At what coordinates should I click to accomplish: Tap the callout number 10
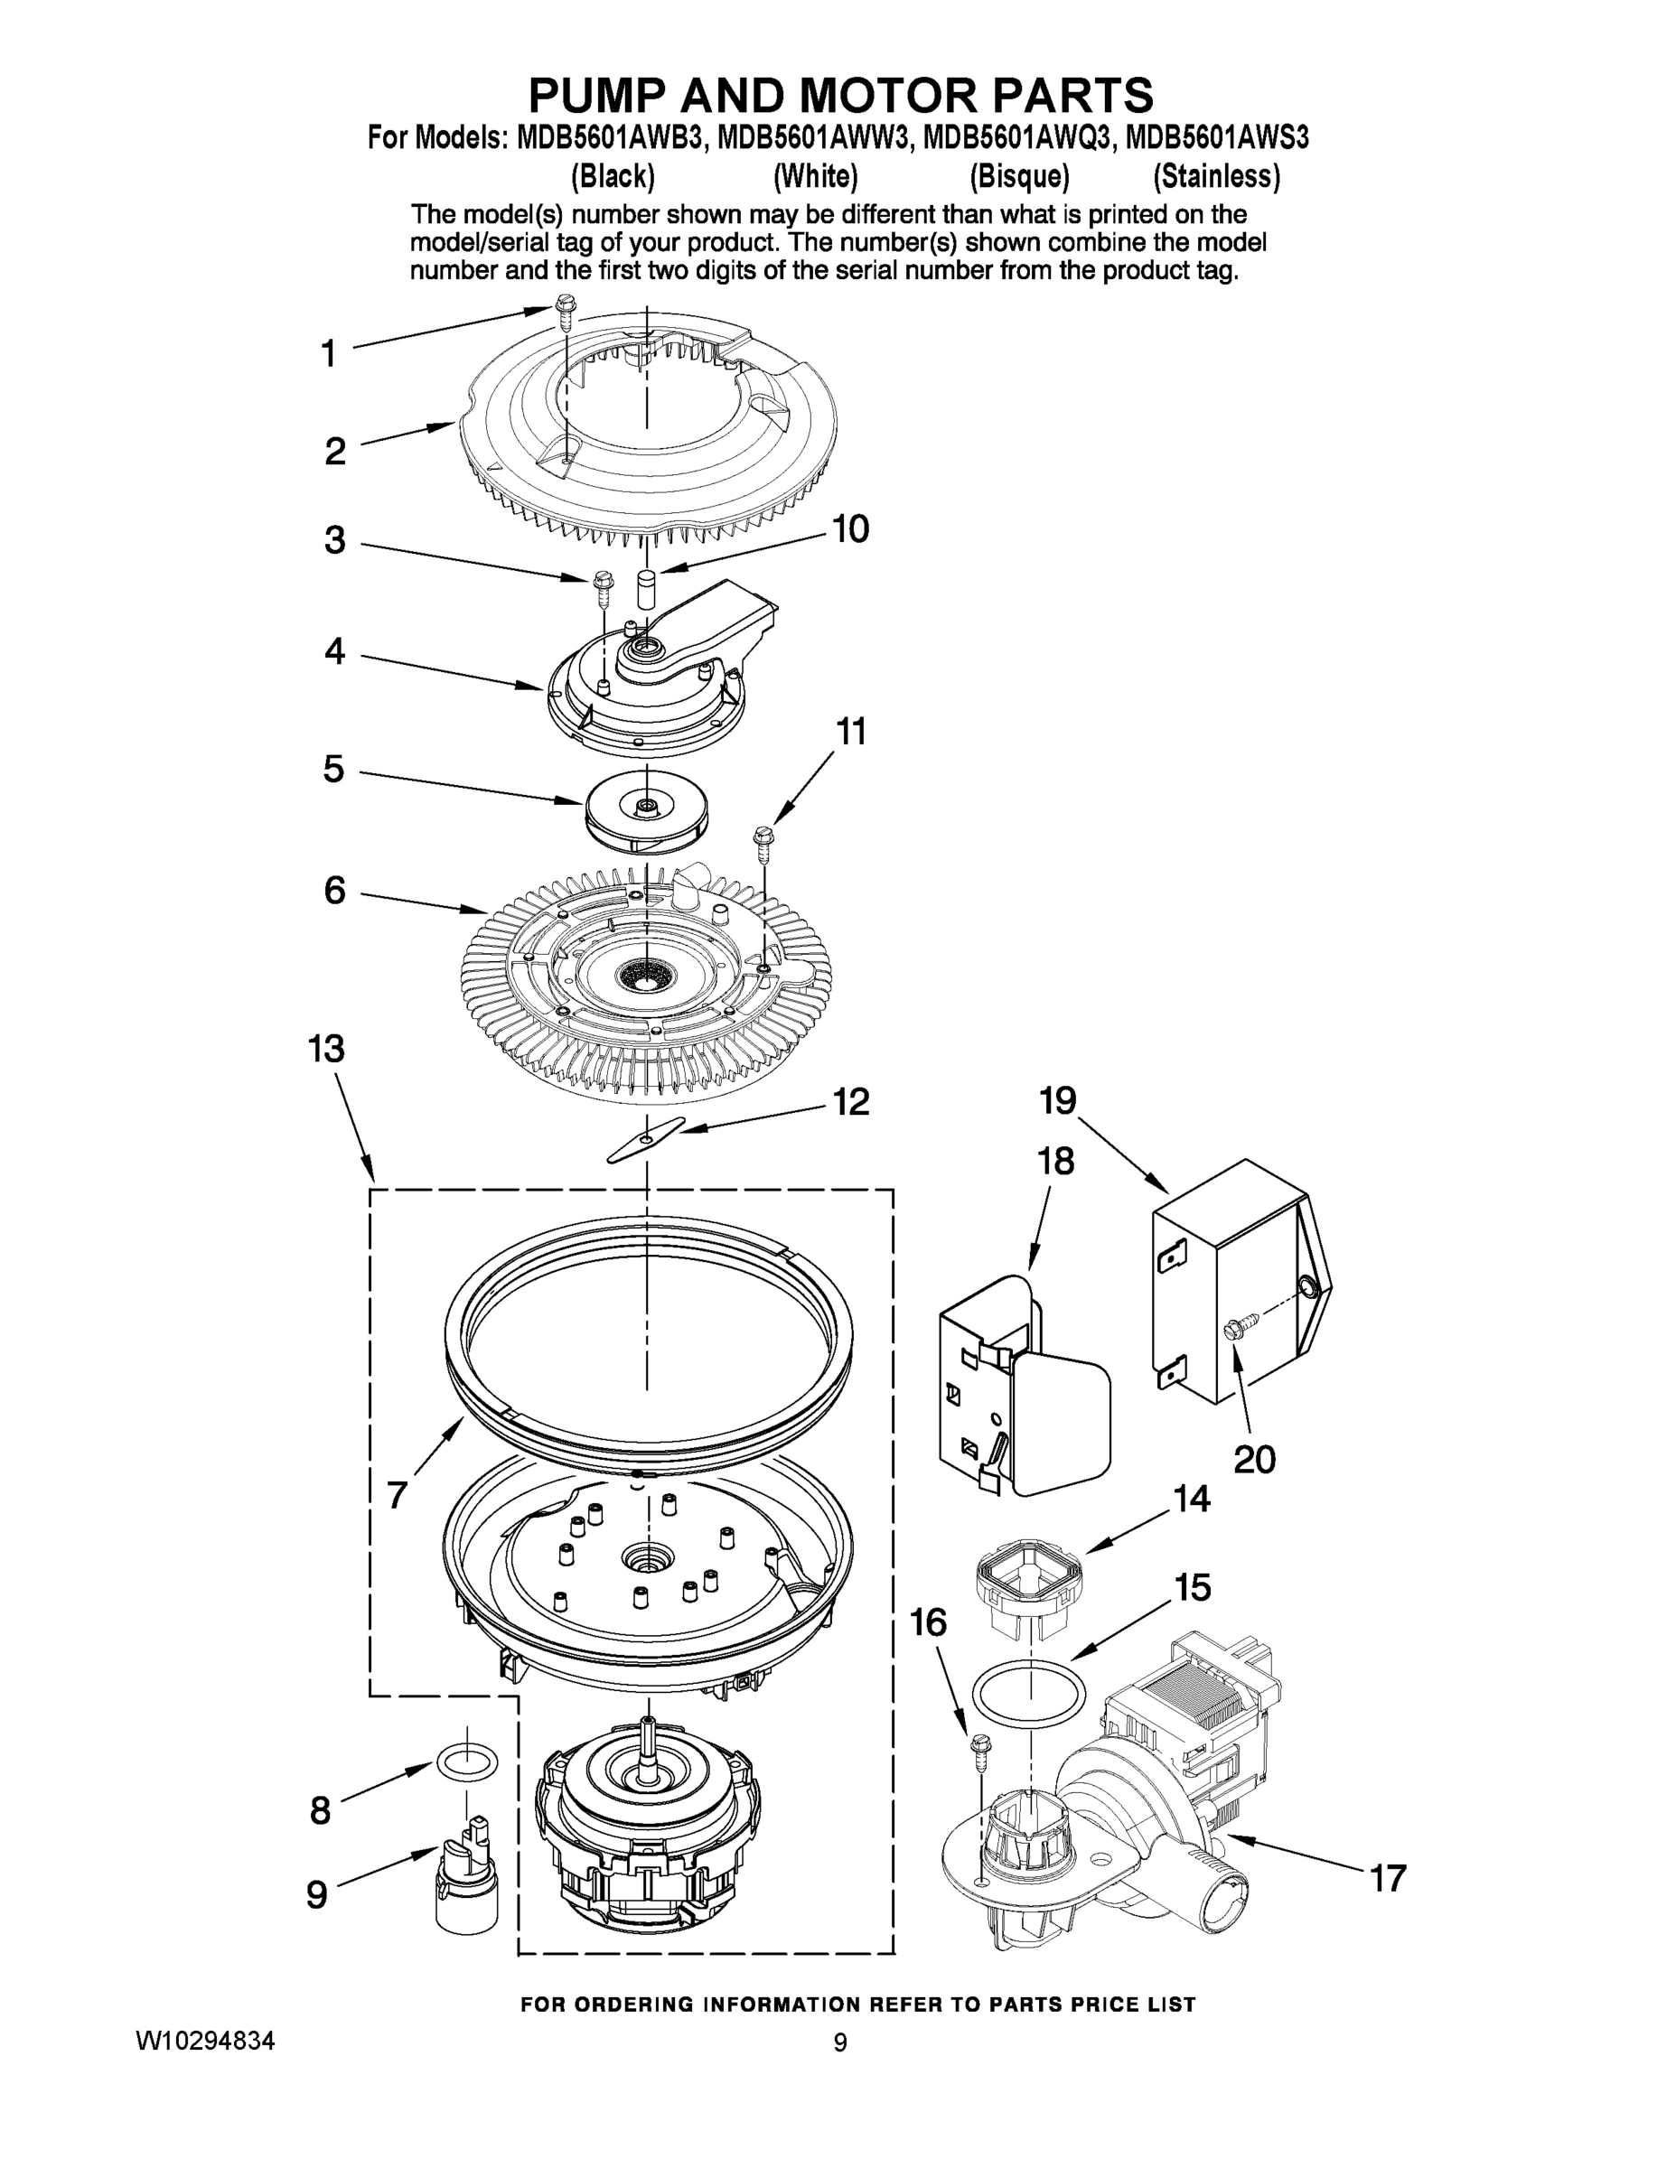pyautogui.click(x=850, y=529)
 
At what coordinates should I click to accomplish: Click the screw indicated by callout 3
pyautogui.click(x=603, y=590)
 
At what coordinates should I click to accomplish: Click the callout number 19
pyautogui.click(x=1058, y=1101)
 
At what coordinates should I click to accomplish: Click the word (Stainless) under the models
pyautogui.click(x=1215, y=177)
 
